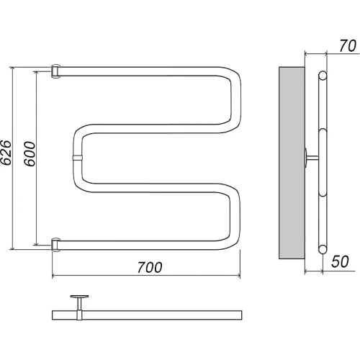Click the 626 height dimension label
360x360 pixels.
pos(6,153)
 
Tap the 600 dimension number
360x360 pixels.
pos(30,154)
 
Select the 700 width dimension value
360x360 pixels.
pos(150,267)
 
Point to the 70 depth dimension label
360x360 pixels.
pos(348,46)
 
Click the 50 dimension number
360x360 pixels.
pos(340,261)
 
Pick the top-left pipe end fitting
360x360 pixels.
pos(55,71)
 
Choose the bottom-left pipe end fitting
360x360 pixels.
pos(55,245)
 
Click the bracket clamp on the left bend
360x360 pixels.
pos(78,158)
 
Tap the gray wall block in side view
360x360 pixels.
pos(292,163)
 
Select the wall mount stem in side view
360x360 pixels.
pos(311,158)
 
